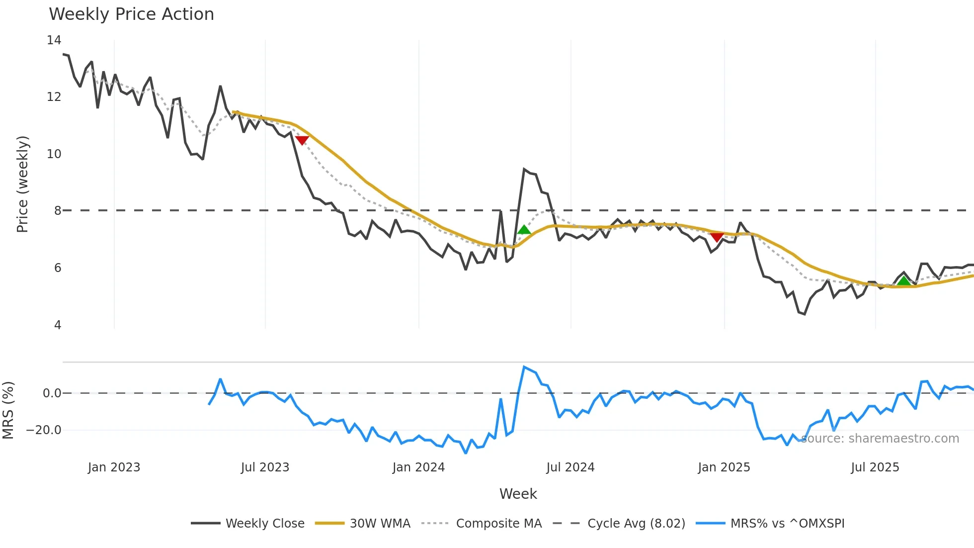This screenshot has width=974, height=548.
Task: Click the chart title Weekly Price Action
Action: (131, 14)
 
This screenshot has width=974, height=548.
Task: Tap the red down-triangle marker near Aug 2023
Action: (302, 141)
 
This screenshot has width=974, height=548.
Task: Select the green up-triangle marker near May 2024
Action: (524, 229)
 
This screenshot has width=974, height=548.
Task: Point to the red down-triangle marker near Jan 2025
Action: (716, 237)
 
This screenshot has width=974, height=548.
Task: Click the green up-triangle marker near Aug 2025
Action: (903, 281)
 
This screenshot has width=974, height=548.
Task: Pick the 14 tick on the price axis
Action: (54, 40)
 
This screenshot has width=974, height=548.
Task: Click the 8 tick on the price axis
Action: (58, 211)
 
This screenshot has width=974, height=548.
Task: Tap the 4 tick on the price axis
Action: (58, 325)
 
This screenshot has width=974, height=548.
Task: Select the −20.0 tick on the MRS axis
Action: (44, 430)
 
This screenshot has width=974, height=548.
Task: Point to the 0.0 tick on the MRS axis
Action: (52, 393)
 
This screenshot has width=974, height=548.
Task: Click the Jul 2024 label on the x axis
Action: (570, 467)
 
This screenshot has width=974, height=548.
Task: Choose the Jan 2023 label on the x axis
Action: (114, 467)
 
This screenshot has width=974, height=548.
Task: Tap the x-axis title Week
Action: (518, 494)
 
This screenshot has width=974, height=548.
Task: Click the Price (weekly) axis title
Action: (22, 184)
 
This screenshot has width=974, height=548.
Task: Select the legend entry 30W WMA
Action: (380, 524)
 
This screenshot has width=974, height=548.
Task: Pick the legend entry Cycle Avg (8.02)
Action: (636, 524)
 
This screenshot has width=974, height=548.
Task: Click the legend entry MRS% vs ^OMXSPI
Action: (787, 524)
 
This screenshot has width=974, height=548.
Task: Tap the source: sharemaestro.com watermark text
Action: (880, 439)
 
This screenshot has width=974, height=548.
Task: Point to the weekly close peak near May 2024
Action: (524, 169)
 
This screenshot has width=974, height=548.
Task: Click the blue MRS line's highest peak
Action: (524, 367)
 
